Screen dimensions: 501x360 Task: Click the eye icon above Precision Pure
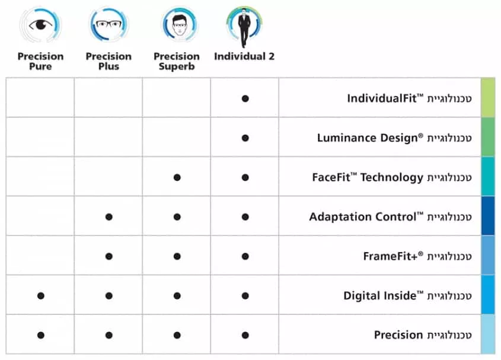pos(40,25)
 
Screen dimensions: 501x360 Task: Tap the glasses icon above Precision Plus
pos(109,24)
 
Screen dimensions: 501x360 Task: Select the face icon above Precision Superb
pos(180,25)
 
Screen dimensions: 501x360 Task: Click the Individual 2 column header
pos(244,56)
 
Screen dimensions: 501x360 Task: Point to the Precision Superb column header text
pos(176,61)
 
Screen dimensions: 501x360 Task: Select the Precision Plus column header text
pos(109,61)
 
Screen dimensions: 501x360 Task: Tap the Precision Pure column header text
pos(40,61)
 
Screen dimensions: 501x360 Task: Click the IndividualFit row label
pos(409,98)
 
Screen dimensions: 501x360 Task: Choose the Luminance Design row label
pos(394,138)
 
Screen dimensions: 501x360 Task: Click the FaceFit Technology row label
pos(392,177)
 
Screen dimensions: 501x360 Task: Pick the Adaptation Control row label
pos(391,216)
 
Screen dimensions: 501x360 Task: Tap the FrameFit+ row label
pos(417,256)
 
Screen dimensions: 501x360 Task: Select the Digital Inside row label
pos(407,295)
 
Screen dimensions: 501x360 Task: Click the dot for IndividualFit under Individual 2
pos(245,98)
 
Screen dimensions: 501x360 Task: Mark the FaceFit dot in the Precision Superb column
pos(177,177)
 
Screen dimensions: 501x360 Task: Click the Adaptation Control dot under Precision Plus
pos(109,217)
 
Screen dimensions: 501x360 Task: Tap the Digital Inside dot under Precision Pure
pos(40,296)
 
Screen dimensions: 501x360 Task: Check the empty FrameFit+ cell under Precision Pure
pos(40,256)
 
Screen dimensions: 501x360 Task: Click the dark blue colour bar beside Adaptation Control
pos(488,216)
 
